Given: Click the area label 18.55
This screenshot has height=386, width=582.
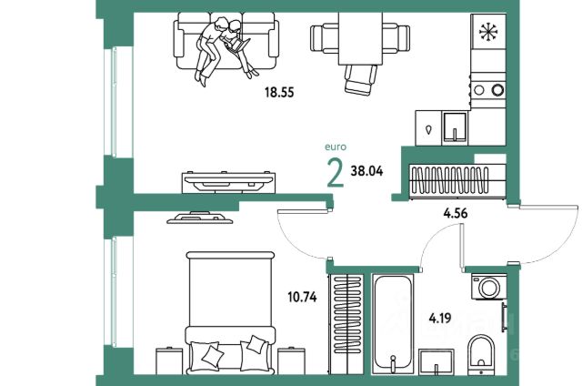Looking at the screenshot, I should point(276,93).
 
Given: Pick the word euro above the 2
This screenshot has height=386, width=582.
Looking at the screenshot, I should point(336,146).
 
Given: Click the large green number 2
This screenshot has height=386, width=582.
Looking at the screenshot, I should point(335,171).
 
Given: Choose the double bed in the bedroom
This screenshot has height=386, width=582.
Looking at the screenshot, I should point(230,310).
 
